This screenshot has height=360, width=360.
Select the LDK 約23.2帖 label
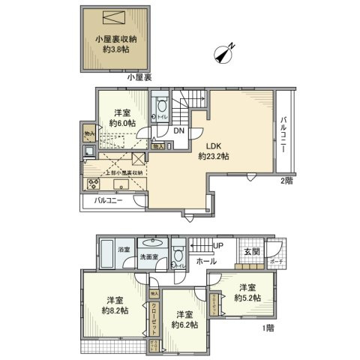tap(213, 151)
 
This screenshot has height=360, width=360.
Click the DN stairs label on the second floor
tap(180, 130)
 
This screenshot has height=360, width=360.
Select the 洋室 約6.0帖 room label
tap(121, 116)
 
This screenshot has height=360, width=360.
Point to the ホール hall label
tap(206, 262)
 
